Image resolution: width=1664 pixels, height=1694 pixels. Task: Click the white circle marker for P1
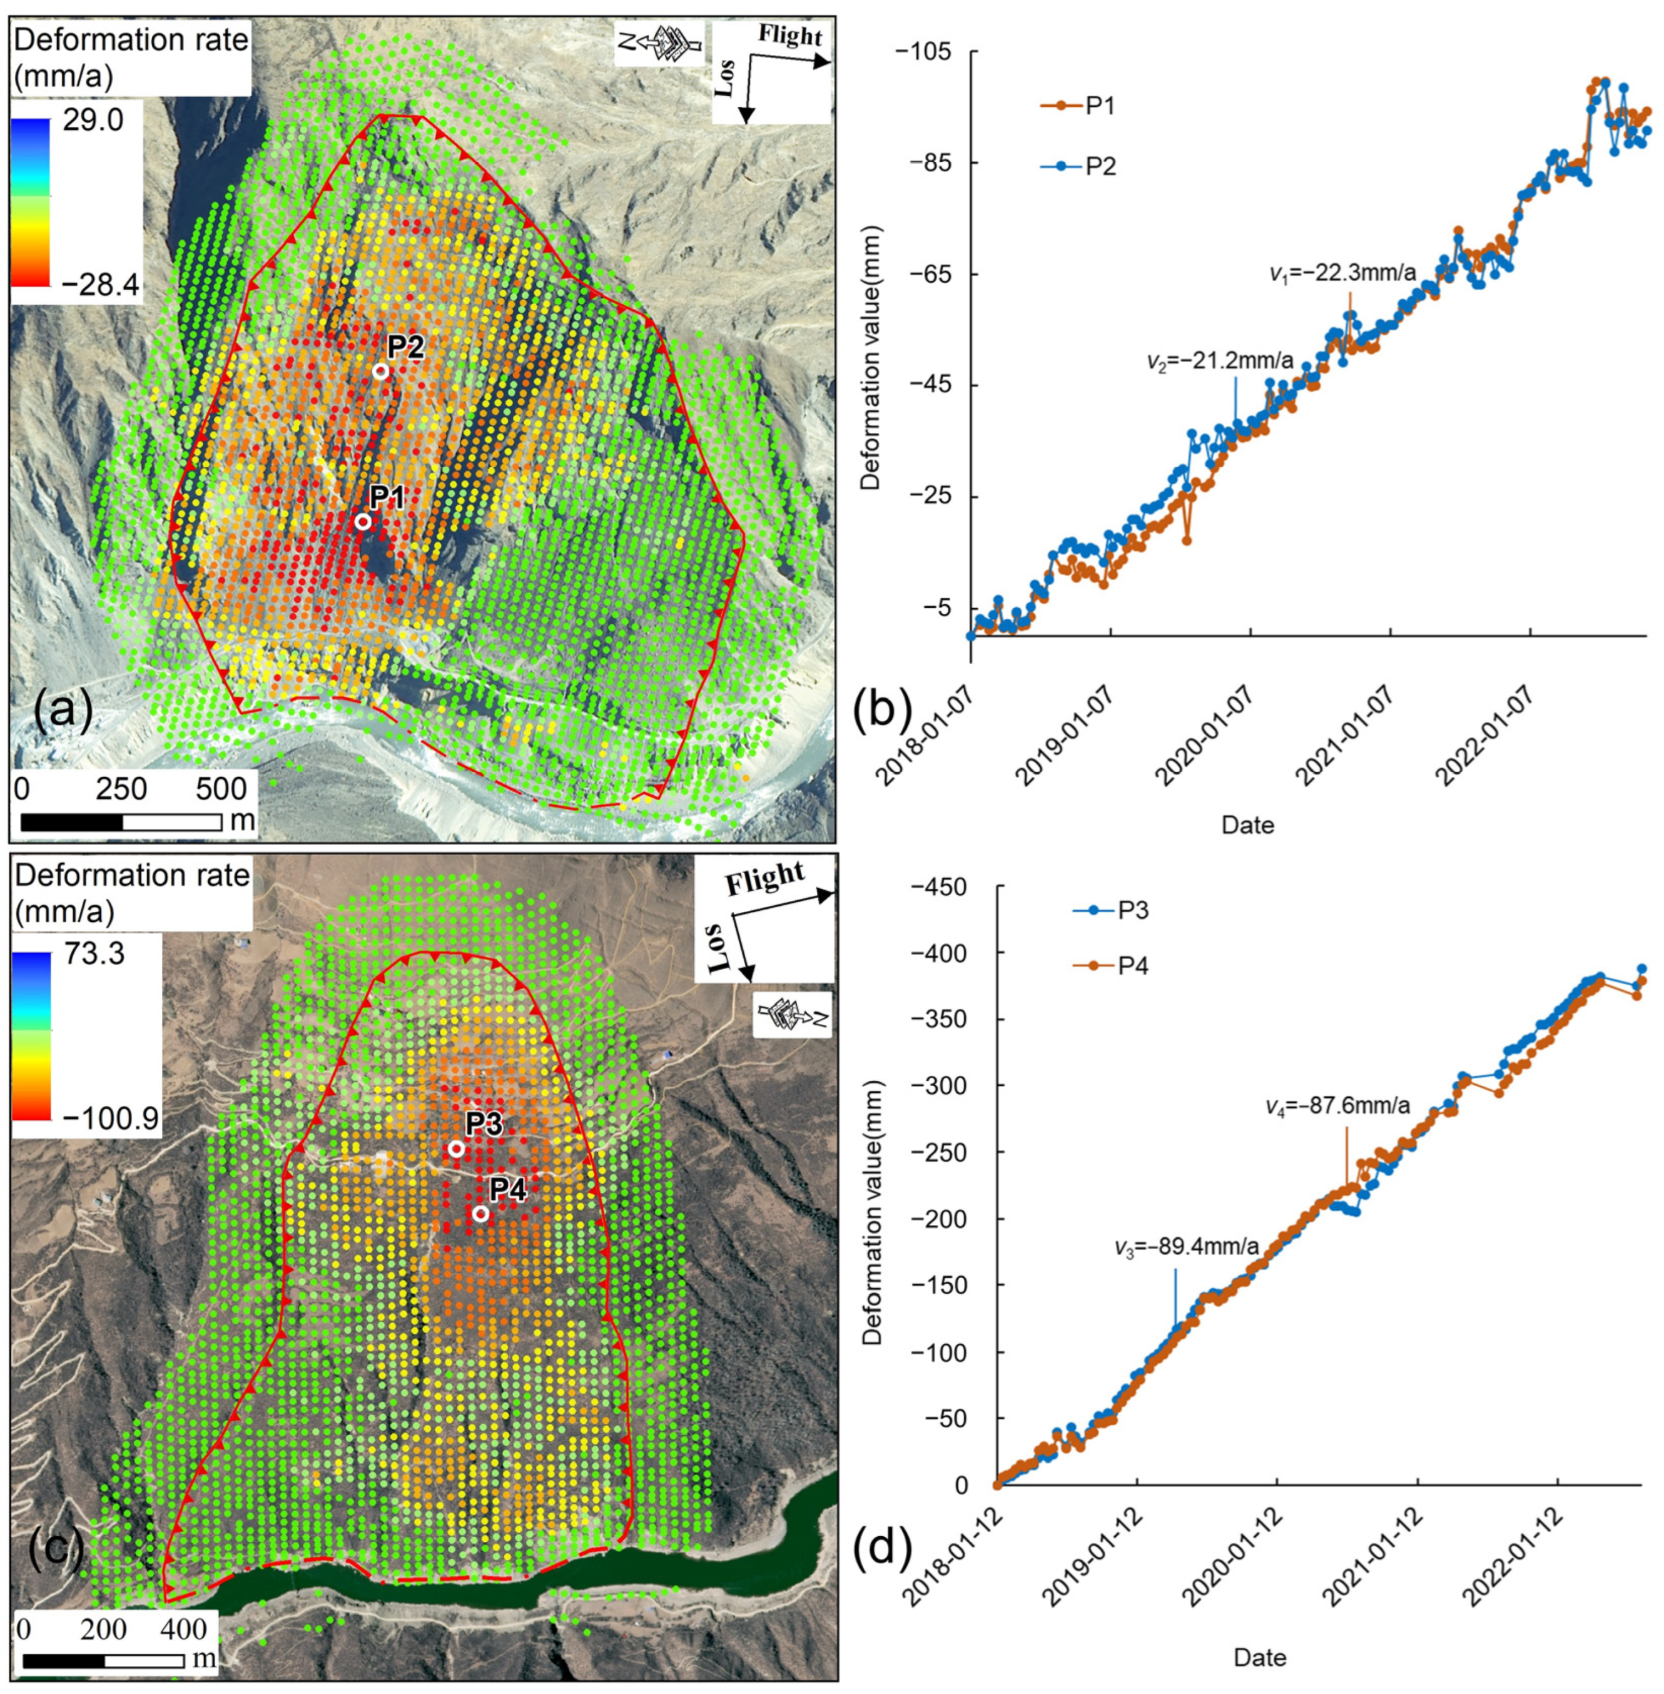pyautogui.click(x=363, y=522)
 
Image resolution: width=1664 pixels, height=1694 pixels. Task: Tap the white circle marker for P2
pyautogui.click(x=380, y=370)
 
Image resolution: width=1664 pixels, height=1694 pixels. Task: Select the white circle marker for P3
pyautogui.click(x=456, y=1149)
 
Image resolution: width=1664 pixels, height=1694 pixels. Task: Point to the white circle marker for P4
pyautogui.click(x=480, y=1213)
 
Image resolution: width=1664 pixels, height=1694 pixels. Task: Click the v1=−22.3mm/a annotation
pyautogui.click(x=1342, y=273)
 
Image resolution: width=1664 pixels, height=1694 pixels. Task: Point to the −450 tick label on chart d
pyautogui.click(x=938, y=887)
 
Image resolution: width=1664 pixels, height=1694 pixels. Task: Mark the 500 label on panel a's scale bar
pyautogui.click(x=221, y=789)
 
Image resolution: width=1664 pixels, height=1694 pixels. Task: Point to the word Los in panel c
pyautogui.click(x=714, y=948)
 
